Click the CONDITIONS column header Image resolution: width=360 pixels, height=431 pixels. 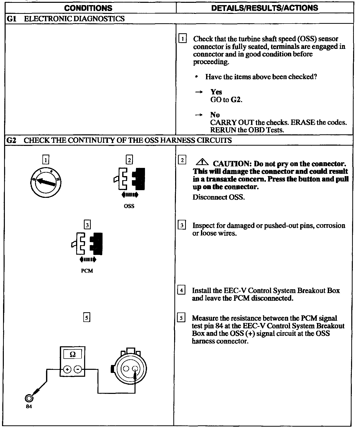tap(88, 8)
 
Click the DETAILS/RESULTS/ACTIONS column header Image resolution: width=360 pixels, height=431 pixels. tap(265, 8)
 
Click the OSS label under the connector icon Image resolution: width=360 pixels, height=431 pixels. tap(129, 206)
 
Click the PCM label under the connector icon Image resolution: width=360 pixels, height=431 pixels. tap(87, 271)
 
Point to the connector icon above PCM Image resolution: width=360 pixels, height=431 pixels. tap(87, 244)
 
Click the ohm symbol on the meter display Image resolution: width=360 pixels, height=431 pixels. tap(73, 354)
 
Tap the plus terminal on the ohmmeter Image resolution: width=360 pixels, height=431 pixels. tap(67, 369)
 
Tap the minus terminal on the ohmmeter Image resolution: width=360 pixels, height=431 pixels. tap(78, 369)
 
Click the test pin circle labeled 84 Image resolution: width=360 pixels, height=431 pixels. tap(29, 398)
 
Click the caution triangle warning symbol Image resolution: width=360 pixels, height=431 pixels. tap(202, 162)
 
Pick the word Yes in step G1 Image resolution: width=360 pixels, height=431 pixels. tap(216, 92)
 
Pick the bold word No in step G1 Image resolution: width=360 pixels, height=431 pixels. tap(215, 115)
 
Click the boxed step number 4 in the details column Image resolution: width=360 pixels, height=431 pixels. tap(181, 290)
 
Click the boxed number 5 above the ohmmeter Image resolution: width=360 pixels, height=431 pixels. tap(87, 318)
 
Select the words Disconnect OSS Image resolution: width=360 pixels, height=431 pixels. tap(219, 197)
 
